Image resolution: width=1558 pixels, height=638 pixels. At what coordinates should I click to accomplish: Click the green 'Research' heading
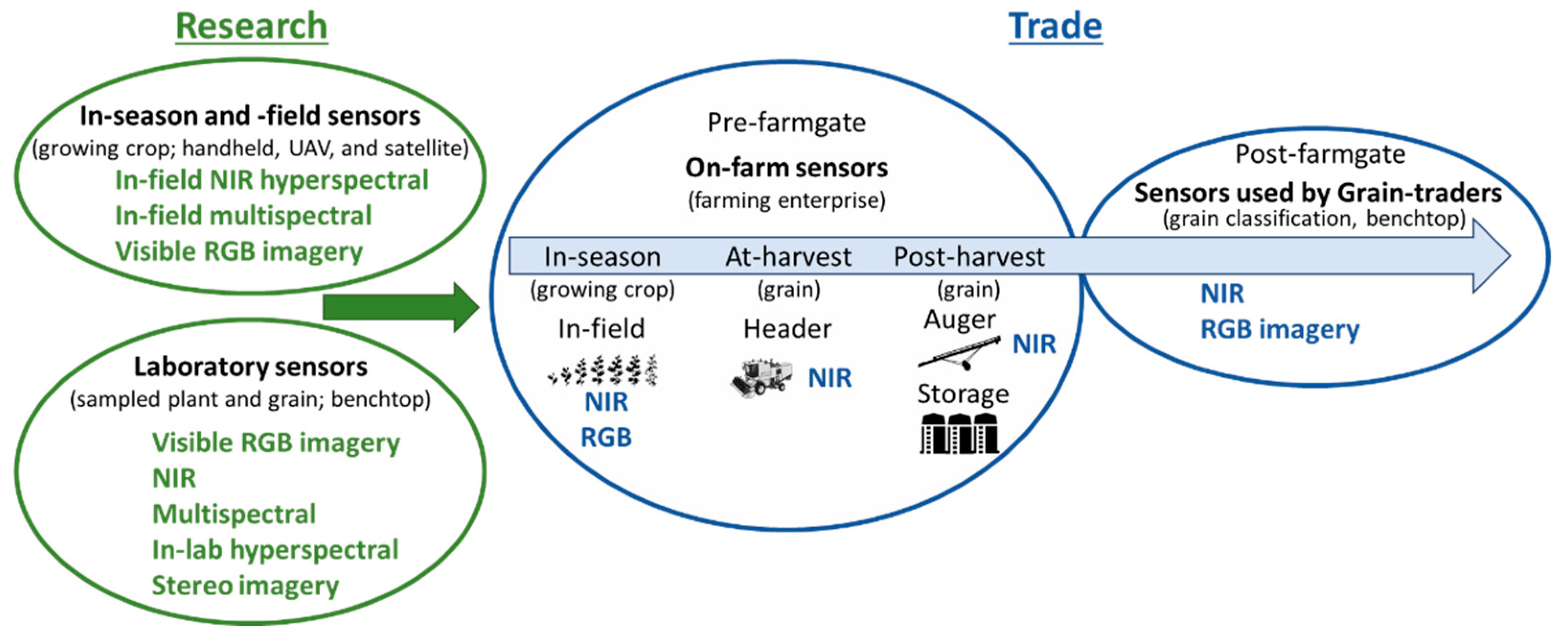tap(251, 27)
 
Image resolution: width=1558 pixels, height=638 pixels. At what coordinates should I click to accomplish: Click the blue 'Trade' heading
tap(1055, 27)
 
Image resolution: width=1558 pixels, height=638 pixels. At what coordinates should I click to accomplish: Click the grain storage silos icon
tap(959, 433)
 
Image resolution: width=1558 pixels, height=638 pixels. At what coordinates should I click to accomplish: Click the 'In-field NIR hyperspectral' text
tap(272, 180)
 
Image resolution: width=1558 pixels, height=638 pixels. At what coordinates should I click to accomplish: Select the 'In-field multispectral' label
tap(243, 216)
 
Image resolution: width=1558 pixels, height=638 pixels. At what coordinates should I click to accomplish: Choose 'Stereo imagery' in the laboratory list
tap(245, 585)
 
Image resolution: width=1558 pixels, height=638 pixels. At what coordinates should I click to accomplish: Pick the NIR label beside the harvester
tap(830, 378)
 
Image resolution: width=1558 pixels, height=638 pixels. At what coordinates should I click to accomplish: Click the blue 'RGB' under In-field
tap(606, 438)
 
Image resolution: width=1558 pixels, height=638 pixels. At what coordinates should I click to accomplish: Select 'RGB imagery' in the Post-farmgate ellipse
tap(1280, 329)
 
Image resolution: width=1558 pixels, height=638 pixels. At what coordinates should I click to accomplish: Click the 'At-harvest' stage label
tap(788, 256)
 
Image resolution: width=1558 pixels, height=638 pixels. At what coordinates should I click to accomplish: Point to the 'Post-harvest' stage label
tap(969, 256)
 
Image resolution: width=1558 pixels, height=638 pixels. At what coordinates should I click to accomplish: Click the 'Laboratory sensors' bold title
tap(250, 367)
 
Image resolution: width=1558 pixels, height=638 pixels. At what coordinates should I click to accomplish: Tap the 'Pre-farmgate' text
tap(786, 123)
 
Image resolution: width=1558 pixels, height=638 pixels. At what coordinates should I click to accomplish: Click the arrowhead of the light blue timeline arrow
tap(1491, 256)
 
